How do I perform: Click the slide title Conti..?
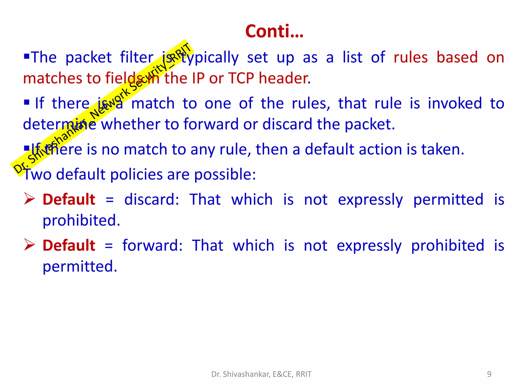[274, 32]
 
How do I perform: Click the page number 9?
[489, 374]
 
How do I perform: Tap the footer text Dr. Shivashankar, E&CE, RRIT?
[261, 374]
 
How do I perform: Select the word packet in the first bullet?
[88, 58]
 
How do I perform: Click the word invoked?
[455, 104]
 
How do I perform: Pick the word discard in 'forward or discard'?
[287, 124]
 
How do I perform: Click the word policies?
[136, 175]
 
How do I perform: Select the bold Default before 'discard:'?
[69, 200]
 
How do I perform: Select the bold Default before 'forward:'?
[69, 246]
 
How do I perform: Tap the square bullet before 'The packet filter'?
[27, 55]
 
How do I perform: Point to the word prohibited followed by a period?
[81, 220]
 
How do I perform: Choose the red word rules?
[410, 58]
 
